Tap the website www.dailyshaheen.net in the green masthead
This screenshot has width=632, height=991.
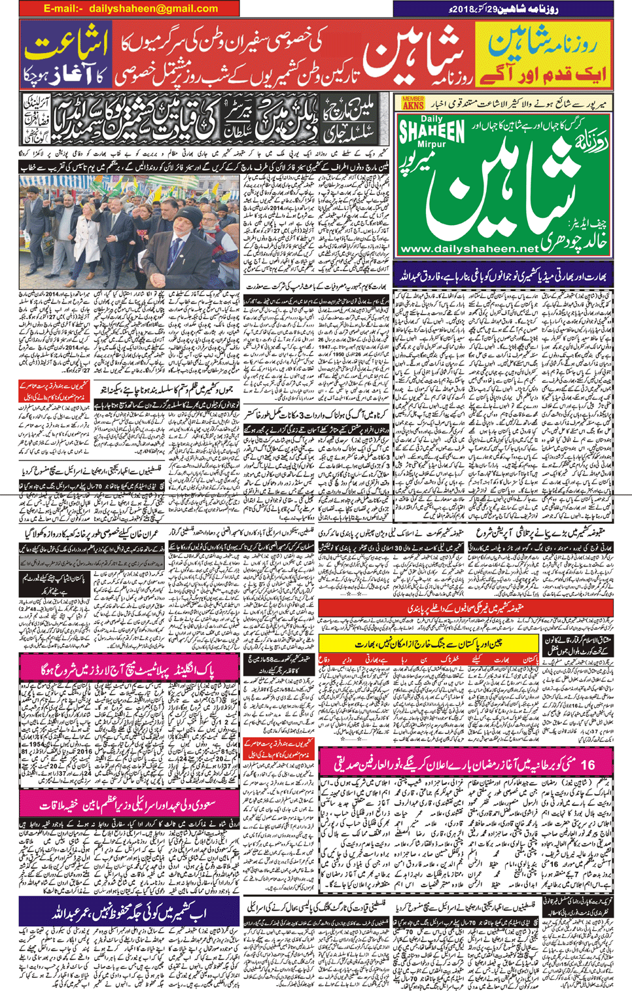tap(468, 249)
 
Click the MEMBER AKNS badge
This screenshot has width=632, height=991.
tap(412, 102)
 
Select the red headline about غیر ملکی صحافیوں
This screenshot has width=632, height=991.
tap(466, 609)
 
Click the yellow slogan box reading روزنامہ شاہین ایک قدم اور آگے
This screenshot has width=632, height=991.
tap(543, 59)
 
